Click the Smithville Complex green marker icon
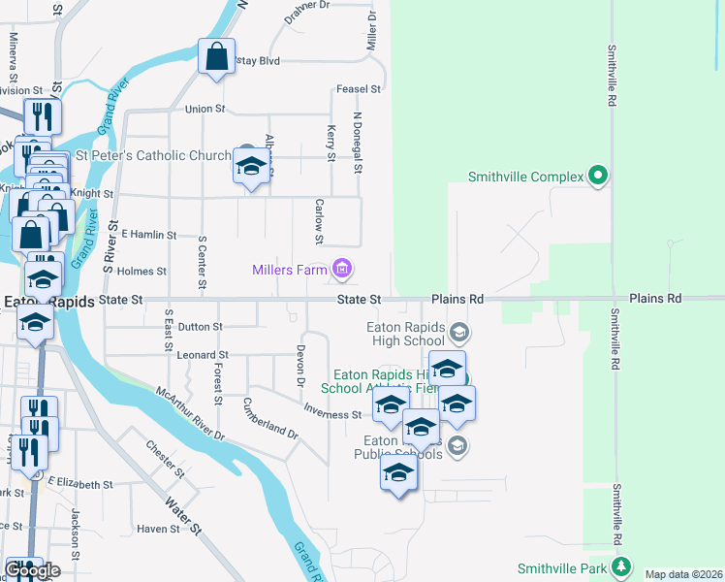coord(599,177)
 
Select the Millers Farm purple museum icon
coord(341,269)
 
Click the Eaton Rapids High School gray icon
coord(459,334)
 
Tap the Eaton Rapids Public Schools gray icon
coord(458,445)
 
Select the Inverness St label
coord(332,414)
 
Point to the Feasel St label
coord(357,89)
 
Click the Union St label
coord(205,110)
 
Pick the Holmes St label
coord(142,272)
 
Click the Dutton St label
coord(201,327)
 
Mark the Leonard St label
coord(202,356)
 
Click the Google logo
coord(32,570)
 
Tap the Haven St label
coord(158,529)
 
